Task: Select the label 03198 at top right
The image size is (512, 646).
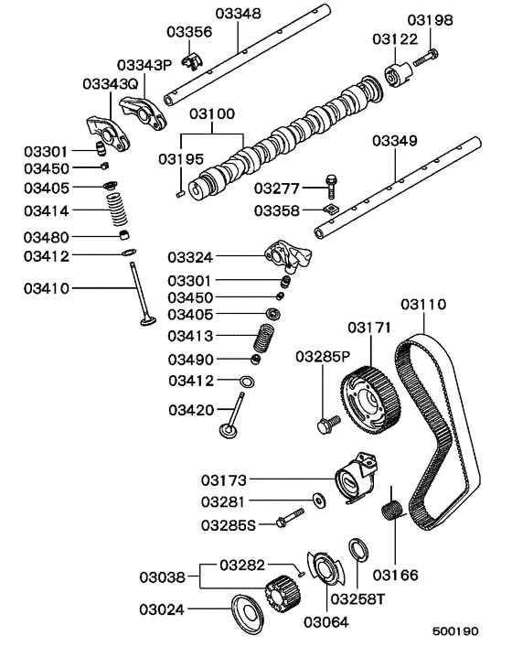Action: pos(430,18)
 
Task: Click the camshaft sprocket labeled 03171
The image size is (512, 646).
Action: pos(370,393)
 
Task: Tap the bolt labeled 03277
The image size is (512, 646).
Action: pos(330,187)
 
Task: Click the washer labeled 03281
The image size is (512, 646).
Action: pos(318,500)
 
